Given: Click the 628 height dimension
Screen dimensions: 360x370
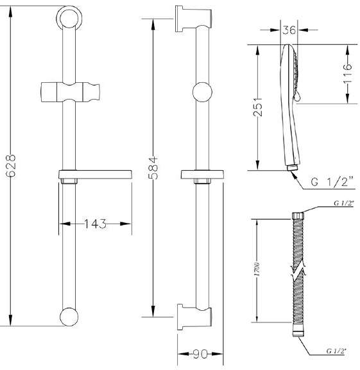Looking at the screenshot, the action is pos(11,166).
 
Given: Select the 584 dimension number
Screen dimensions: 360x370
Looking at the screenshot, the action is pos(154,168).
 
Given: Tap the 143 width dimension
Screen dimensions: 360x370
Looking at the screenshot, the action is pos(95,224).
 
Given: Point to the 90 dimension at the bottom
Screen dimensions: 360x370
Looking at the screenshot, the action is pos(200,354).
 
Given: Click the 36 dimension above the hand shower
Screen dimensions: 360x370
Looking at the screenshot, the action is pos(289,30).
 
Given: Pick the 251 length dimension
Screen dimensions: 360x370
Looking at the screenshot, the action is pos(258,107).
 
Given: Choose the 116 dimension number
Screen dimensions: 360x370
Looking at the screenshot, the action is pos(347,73).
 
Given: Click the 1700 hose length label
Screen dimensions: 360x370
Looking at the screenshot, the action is pos(257,269).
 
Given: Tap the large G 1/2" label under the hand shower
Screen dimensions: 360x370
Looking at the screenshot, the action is pos(332,182).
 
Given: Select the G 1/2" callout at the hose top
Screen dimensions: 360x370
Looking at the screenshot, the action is pos(344,203).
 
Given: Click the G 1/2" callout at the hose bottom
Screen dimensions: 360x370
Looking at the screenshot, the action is pos(336,351).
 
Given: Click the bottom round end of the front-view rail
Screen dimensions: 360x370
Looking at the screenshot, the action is pos(69,317).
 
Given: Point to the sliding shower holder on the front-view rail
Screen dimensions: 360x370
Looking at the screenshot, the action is pos(70,92).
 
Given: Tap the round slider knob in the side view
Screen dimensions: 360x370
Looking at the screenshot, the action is pos(202,92).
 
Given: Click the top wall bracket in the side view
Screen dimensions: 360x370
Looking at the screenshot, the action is pos(193,19).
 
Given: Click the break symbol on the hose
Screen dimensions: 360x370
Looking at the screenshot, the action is pos(298,270).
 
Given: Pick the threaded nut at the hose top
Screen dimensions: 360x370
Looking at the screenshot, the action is pos(298,216).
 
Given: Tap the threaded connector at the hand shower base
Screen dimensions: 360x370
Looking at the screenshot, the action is pos(293,168).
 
